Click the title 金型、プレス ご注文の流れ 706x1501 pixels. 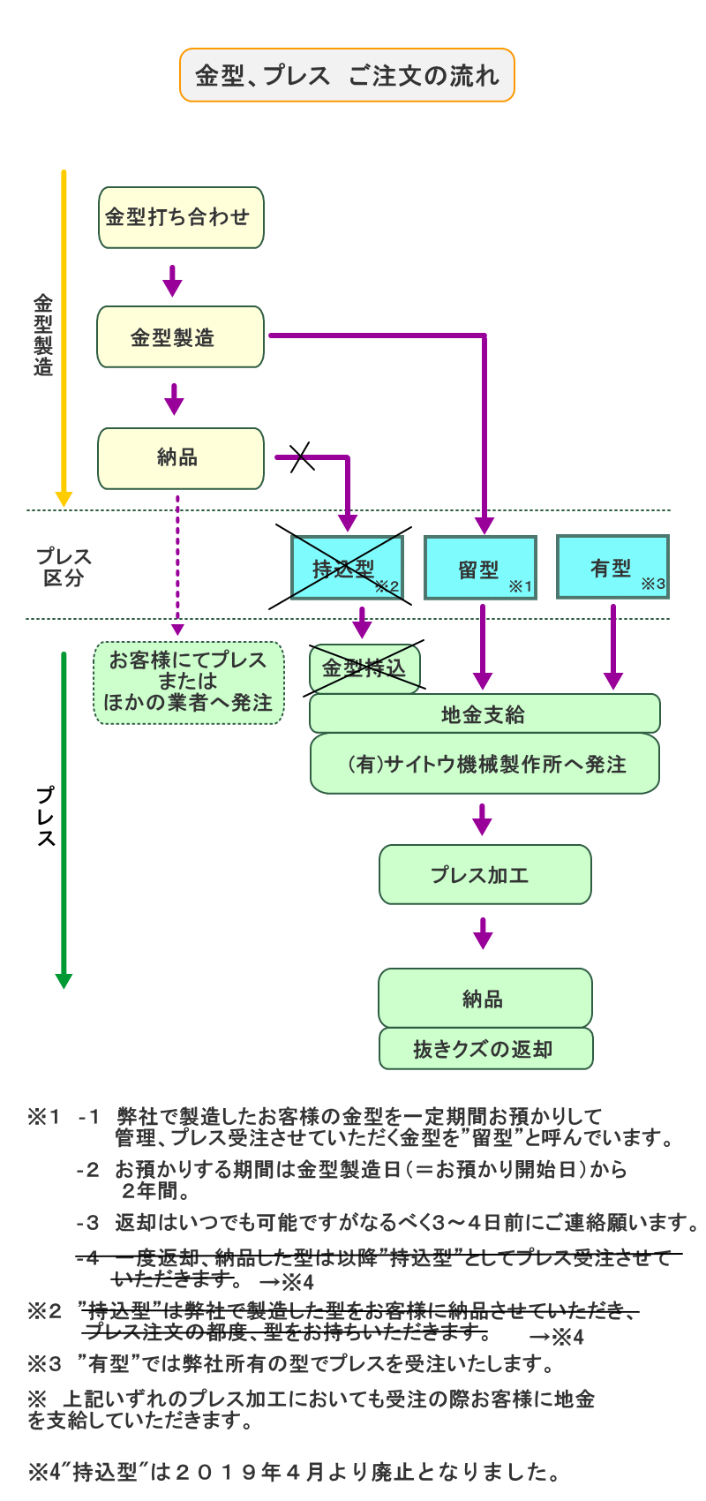coord(347,76)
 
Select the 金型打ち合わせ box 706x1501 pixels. coord(180,217)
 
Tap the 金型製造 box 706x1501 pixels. coord(180,336)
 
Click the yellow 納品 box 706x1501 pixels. coord(180,458)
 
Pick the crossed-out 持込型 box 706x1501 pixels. coord(347,568)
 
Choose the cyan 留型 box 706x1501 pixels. coord(480,568)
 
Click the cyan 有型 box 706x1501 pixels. coord(612,567)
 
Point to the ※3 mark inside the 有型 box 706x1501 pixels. coord(653,584)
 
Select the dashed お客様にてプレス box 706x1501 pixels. coord(189,683)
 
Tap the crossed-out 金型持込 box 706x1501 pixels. coord(364,668)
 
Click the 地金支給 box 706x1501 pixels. coord(484,714)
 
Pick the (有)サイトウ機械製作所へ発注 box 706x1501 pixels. coord(484,764)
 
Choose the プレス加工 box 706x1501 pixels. coord(484,874)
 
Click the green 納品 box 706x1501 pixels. coord(484,998)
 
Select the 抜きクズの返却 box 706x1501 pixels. coord(485,1049)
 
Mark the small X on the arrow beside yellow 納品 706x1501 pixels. coord(302,457)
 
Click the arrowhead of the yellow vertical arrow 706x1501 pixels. coord(64,499)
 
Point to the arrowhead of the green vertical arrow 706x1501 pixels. coord(64,981)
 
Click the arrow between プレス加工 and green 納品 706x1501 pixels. coord(482,934)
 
